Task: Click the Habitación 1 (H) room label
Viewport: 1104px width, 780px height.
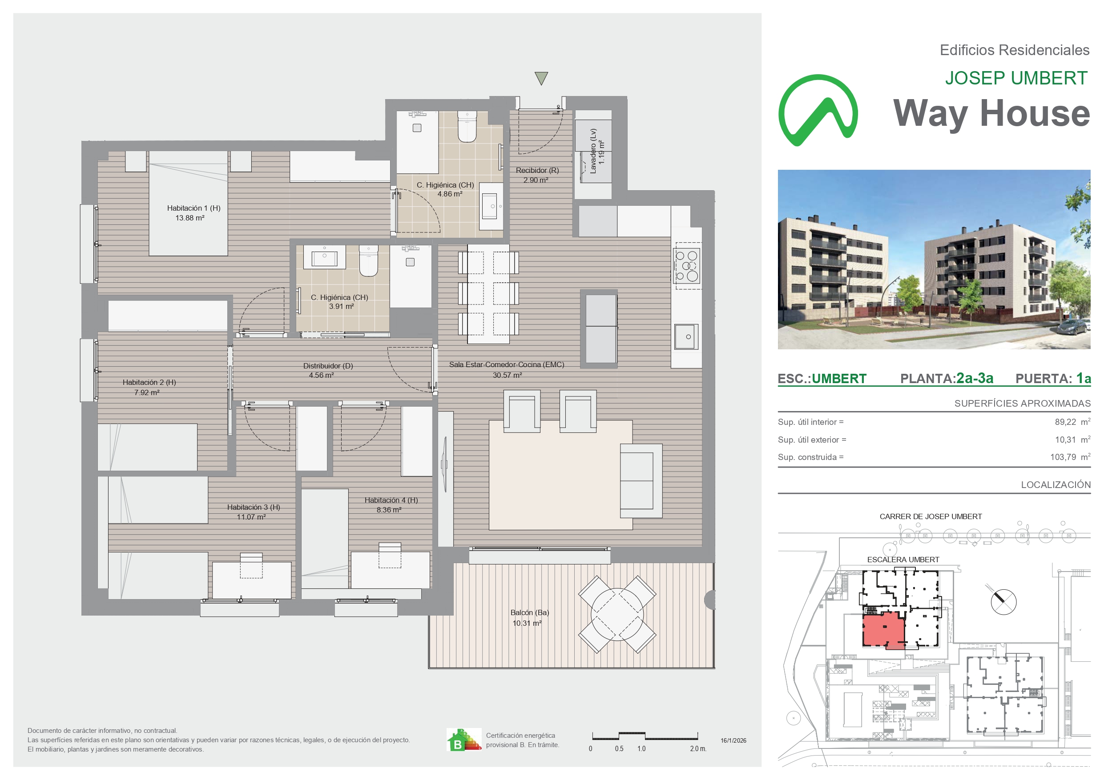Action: (194, 208)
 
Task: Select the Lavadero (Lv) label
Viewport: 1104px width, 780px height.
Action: (593, 151)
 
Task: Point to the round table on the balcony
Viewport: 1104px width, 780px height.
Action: (617, 614)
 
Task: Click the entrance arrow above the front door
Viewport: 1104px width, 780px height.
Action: (541, 78)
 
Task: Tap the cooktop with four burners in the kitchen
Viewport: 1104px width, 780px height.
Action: (687, 266)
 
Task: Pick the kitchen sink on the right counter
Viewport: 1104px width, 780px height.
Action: (687, 337)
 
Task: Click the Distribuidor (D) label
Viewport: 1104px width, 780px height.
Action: (328, 366)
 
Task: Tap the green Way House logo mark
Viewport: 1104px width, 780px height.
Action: (818, 110)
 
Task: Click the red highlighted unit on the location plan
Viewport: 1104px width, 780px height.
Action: (884, 630)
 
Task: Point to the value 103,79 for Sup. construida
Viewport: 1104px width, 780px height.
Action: (1063, 457)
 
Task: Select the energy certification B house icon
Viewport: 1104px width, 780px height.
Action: (464, 740)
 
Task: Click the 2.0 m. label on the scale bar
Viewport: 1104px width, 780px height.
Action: (698, 749)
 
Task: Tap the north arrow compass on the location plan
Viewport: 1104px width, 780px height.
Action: (1003, 602)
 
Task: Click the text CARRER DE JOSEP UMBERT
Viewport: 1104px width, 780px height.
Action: (931, 516)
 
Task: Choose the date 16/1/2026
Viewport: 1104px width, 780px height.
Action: (733, 740)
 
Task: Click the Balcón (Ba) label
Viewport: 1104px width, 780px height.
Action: (529, 613)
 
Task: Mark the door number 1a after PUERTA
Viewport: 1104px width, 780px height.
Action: (1084, 379)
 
